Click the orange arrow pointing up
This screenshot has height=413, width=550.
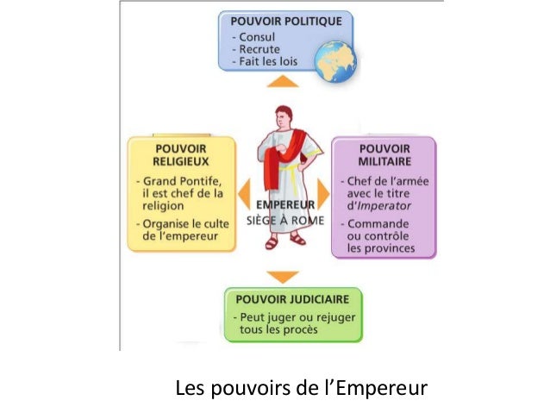(282, 83)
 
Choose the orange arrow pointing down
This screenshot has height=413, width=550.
(281, 278)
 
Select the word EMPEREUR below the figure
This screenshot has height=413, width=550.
(281, 206)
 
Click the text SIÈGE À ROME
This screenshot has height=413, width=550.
(282, 221)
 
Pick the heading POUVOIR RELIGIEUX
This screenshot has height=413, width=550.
(180, 153)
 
